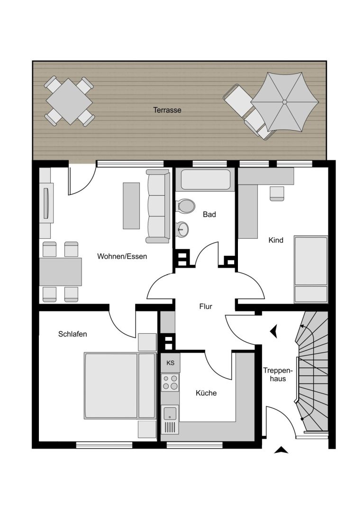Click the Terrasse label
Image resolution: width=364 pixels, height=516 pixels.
tap(167, 110)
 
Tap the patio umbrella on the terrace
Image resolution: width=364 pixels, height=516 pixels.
tap(284, 102)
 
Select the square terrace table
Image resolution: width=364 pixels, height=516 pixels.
tap(69, 101)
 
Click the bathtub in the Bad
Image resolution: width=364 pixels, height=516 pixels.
tap(205, 179)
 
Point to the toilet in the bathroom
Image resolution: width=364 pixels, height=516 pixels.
tap(186, 206)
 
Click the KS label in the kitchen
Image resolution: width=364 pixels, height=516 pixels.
tap(170, 363)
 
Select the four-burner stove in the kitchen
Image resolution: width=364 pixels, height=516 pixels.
tap(170, 383)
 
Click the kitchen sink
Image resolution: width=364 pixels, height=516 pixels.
tap(170, 413)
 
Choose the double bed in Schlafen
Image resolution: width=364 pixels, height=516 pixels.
tap(120, 385)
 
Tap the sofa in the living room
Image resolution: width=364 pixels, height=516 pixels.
tap(158, 206)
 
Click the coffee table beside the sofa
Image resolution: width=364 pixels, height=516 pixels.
tap(131, 206)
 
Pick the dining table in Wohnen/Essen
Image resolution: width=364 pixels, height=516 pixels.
tap(61, 272)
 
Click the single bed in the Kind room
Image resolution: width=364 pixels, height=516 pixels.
tap(311, 269)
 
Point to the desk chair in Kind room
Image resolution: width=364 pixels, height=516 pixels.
tap(277, 194)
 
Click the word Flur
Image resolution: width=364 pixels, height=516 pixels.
tap(206, 306)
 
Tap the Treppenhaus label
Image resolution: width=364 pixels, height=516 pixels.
tap(278, 375)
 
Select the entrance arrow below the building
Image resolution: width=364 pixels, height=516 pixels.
tap(281, 450)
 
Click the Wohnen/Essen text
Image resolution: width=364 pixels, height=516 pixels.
tap(122, 256)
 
